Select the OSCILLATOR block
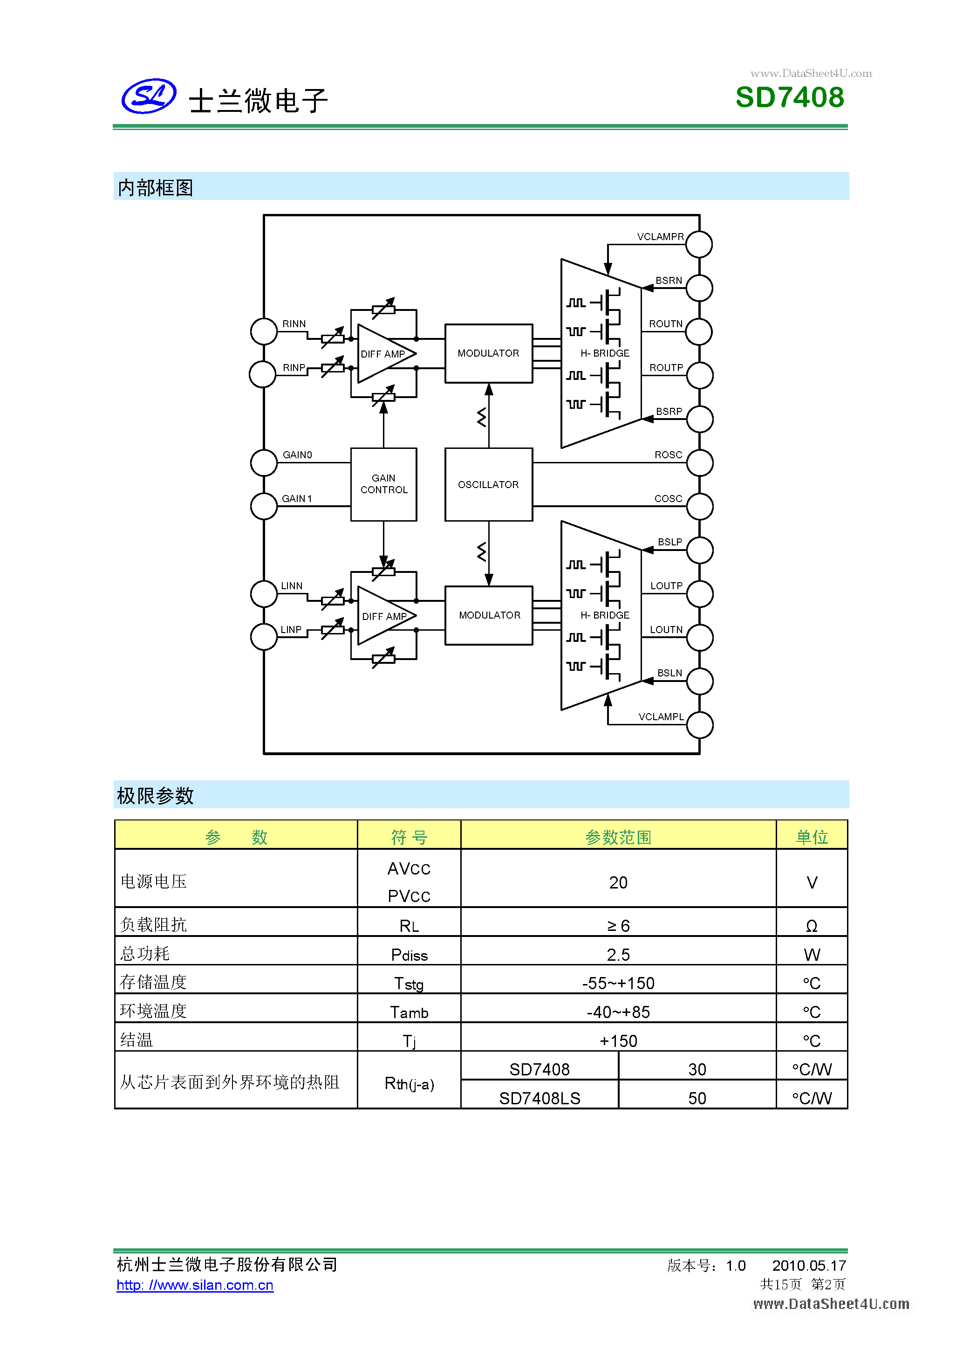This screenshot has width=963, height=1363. click(x=488, y=484)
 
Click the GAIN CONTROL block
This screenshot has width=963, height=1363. click(x=383, y=484)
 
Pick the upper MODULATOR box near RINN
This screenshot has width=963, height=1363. click(x=488, y=353)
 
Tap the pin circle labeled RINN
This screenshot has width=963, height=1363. click(x=264, y=331)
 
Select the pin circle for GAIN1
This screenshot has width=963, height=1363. click(x=264, y=506)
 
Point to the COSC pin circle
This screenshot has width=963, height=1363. click(x=700, y=506)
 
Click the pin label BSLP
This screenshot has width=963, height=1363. click(x=669, y=542)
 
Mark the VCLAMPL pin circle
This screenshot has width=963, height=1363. click(x=700, y=725)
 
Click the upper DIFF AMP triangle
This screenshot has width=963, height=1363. click(x=382, y=354)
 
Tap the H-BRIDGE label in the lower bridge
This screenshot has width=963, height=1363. click(x=605, y=615)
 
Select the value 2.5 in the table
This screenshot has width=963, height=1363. click(x=618, y=955)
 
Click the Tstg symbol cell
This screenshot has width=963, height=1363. click(x=409, y=984)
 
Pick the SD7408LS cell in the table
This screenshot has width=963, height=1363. click(x=540, y=1098)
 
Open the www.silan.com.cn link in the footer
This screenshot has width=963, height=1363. click(x=195, y=1285)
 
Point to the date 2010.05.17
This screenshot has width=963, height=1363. click(x=808, y=1265)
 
